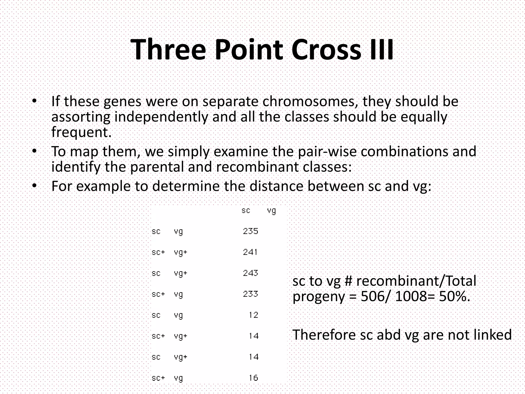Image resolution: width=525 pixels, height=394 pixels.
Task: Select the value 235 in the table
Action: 250,231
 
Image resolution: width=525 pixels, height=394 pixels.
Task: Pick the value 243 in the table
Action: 250,273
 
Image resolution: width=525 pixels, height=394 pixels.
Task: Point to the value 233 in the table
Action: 250,294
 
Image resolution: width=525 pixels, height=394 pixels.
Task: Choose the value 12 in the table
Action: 254,315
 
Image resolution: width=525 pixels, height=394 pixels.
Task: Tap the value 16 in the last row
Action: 254,378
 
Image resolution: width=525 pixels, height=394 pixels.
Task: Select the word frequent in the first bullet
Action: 81,132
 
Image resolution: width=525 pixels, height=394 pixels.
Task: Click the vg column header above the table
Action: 271,211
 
